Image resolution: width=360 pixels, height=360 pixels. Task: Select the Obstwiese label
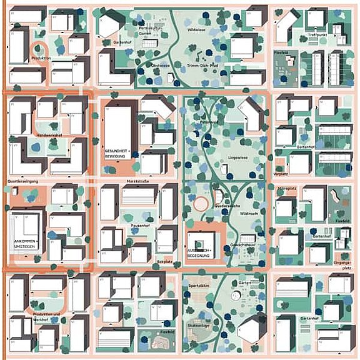tap(160, 65)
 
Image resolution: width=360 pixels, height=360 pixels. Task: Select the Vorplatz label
tap(280, 174)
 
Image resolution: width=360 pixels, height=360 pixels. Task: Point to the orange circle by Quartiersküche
tap(201, 204)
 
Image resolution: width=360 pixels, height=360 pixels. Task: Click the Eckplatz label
tap(164, 261)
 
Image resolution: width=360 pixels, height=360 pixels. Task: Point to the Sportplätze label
tap(198, 285)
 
